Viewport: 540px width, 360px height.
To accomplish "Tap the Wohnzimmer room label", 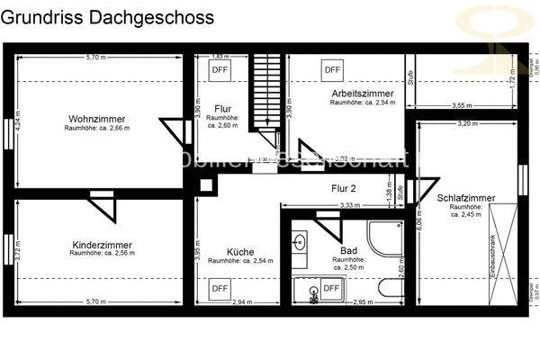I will click(x=96, y=119).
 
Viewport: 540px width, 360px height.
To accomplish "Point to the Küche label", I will click(x=240, y=252).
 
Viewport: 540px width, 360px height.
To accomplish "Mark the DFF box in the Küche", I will click(x=220, y=288).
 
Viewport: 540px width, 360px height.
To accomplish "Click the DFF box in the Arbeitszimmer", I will click(x=332, y=68).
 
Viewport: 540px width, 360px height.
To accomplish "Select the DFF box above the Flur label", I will click(x=220, y=69).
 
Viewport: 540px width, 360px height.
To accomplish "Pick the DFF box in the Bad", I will click(x=331, y=288).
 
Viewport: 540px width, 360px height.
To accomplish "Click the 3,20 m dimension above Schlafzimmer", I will click(x=464, y=122).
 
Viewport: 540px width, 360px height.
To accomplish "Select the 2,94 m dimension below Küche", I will click(x=242, y=301).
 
